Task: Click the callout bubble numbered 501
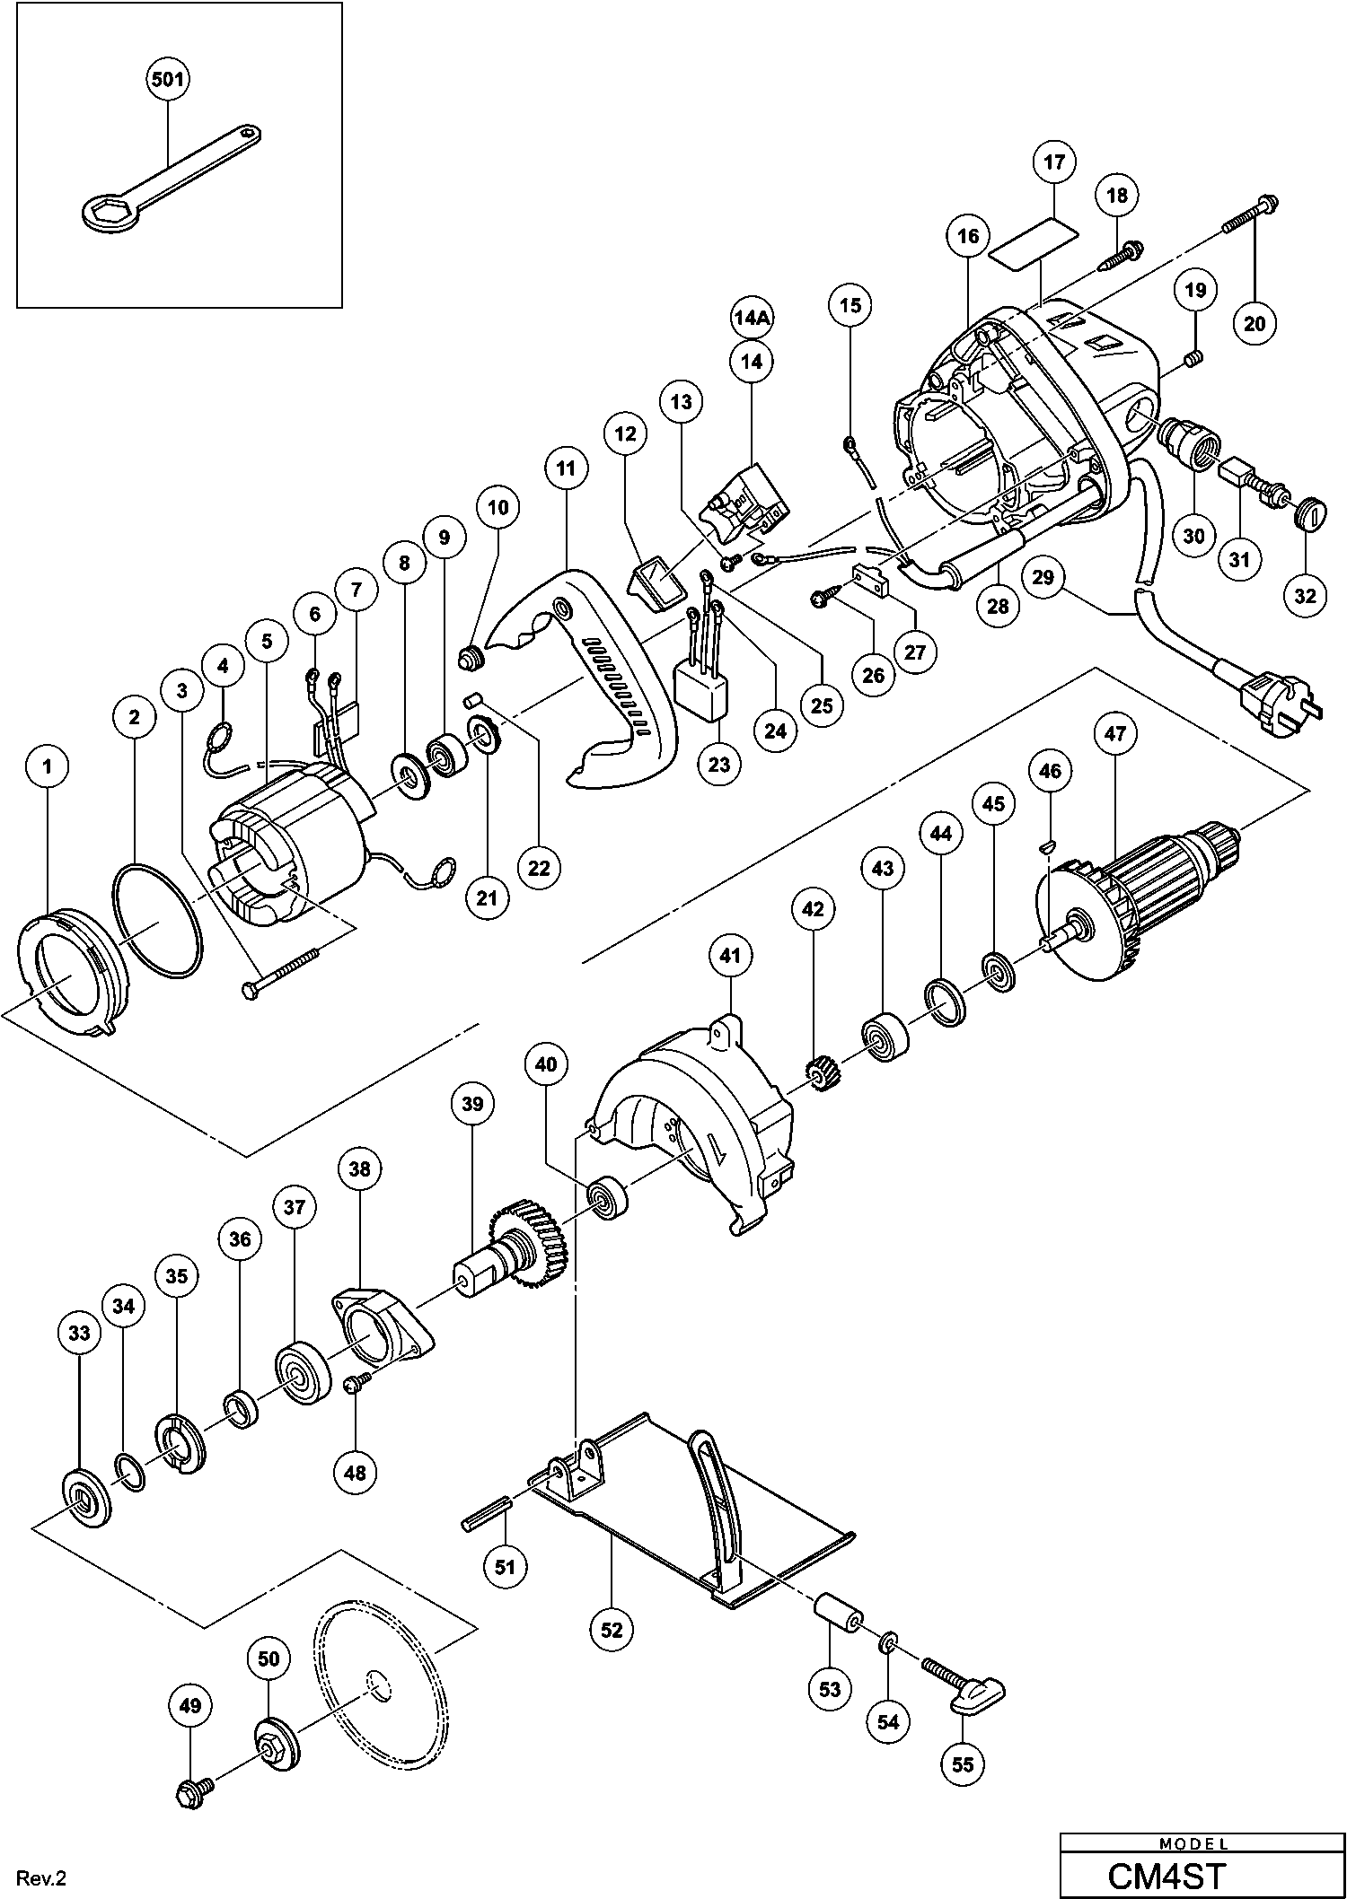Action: (x=168, y=79)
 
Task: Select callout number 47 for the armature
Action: (x=1114, y=733)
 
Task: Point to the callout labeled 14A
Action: (x=752, y=318)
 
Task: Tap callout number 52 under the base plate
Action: (x=612, y=1629)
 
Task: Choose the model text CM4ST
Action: (x=1167, y=1875)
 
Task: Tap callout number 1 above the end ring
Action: (x=48, y=766)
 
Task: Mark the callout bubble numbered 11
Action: (x=566, y=468)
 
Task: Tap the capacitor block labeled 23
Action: (x=701, y=693)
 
